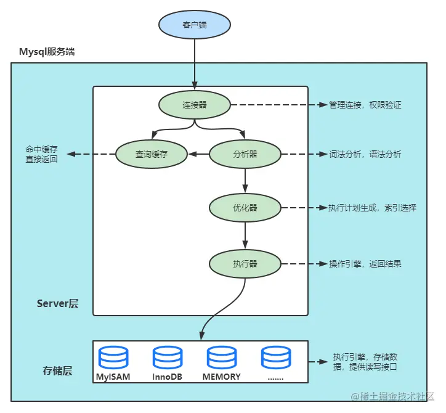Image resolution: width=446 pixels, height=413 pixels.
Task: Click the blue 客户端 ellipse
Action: (195, 25)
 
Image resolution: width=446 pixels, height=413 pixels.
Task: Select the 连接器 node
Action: (195, 105)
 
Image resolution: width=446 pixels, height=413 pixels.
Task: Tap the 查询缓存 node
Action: (152, 155)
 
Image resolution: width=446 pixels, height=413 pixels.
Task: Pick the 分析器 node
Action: (245, 155)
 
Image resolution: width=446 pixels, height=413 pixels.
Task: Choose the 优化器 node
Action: (245, 208)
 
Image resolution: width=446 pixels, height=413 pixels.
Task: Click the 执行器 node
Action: (245, 264)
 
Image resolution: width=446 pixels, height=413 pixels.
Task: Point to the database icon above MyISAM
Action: (113, 358)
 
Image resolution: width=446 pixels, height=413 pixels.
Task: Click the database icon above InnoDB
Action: (168, 358)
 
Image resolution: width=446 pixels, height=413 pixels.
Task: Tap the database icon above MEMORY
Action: (222, 358)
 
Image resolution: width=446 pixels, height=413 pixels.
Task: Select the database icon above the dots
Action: (276, 358)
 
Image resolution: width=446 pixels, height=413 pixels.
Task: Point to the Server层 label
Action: (57, 303)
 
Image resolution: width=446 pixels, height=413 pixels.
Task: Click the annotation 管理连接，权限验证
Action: (365, 105)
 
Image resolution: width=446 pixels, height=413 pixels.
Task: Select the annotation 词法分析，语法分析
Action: (365, 155)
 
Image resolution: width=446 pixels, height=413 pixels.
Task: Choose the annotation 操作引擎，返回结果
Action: (365, 264)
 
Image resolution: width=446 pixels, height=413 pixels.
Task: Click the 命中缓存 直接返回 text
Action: (41, 153)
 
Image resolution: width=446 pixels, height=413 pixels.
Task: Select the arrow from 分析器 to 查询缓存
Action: (198, 155)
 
